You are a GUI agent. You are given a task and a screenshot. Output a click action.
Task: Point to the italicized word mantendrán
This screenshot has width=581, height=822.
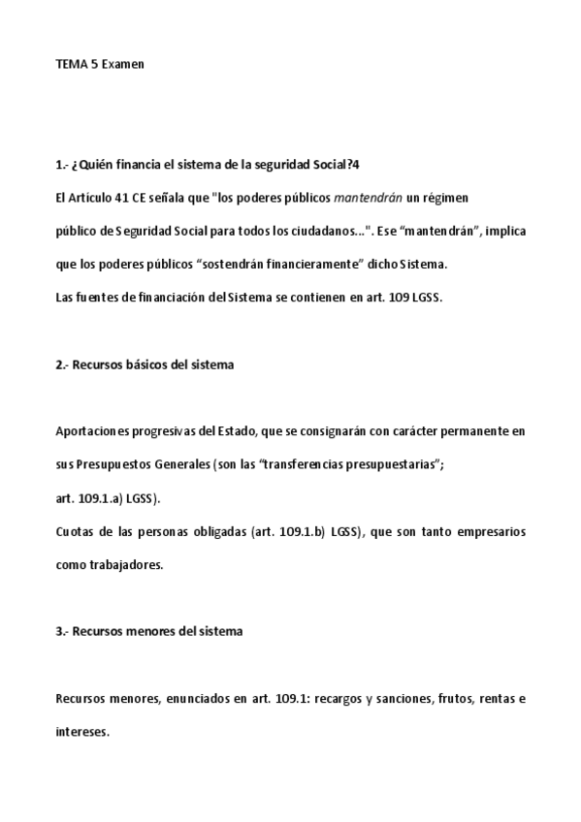click(368, 198)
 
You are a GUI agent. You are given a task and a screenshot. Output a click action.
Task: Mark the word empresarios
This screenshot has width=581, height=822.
click(490, 532)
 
